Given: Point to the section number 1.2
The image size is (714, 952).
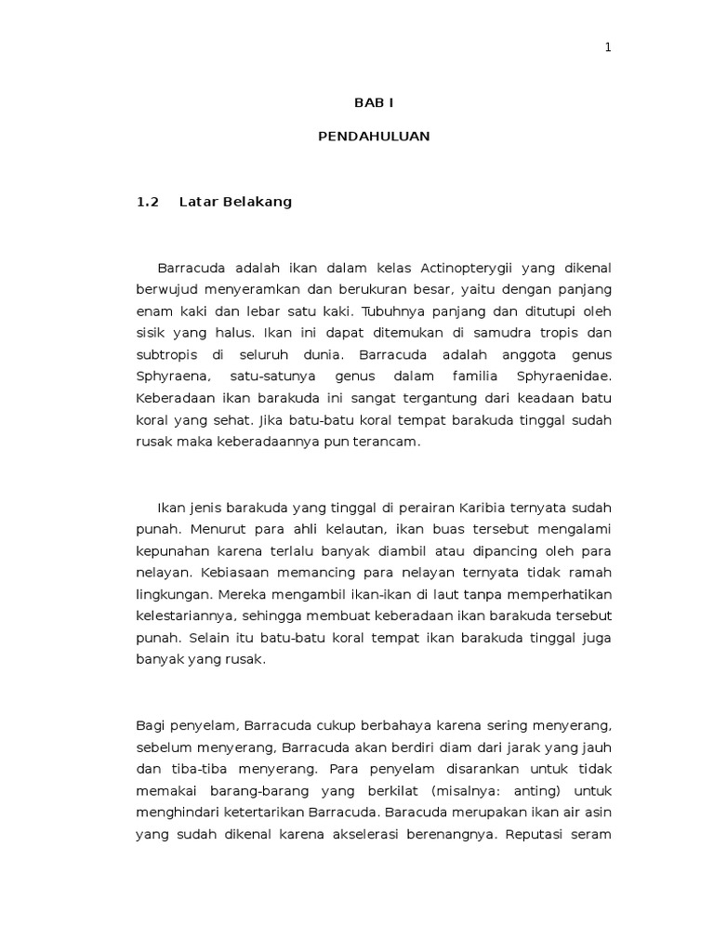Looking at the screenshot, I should [x=149, y=202].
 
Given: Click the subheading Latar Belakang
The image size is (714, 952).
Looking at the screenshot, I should [x=235, y=202].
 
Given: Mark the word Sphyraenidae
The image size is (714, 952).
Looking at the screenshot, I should [x=562, y=377].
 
